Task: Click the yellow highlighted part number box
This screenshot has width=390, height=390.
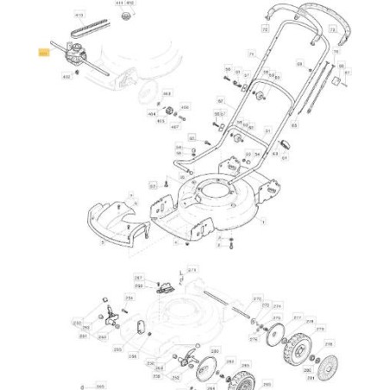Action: [44, 53]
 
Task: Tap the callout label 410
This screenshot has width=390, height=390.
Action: [79, 16]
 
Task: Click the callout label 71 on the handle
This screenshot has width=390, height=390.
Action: [250, 53]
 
